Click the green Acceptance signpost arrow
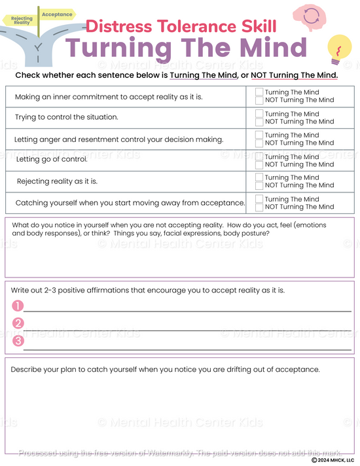click(x=58, y=14)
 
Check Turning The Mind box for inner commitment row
click(x=259, y=92)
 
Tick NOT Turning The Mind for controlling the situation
click(x=259, y=122)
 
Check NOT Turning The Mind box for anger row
click(x=259, y=143)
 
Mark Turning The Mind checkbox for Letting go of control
click(x=259, y=157)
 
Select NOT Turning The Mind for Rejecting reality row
click(x=259, y=185)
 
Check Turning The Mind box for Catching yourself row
click(x=259, y=199)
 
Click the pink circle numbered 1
click(x=18, y=306)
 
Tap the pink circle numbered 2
click(x=18, y=323)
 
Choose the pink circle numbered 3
click(x=18, y=341)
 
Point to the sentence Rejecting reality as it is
click(x=57, y=181)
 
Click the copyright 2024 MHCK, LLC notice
click(x=333, y=460)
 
